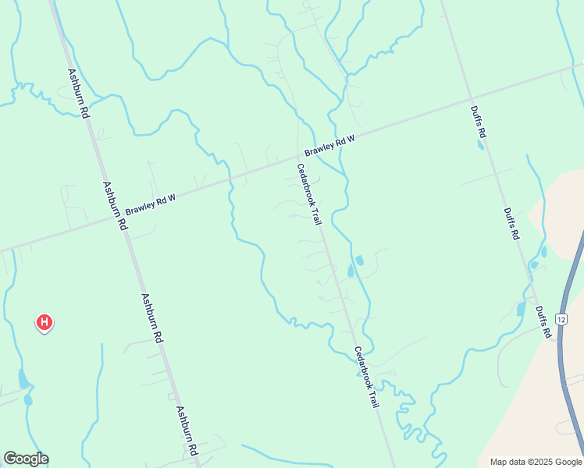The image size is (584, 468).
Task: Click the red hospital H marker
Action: [x=45, y=321]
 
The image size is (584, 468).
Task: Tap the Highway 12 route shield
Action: [x=561, y=319]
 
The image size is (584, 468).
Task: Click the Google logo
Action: [x=26, y=459]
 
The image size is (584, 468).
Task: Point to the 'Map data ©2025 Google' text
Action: [x=536, y=462]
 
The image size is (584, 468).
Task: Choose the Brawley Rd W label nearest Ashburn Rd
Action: [x=150, y=204]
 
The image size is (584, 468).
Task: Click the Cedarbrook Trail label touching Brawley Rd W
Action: [x=308, y=195]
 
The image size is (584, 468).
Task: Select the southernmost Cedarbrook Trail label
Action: [x=366, y=378]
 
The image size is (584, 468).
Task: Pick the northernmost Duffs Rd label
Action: [x=478, y=122]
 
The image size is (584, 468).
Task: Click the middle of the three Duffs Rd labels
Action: [x=511, y=224]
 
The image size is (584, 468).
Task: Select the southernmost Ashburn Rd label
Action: [x=186, y=431]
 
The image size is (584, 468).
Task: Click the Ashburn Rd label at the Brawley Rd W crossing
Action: [x=114, y=206]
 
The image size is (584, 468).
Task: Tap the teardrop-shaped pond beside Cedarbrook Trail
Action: [x=351, y=271]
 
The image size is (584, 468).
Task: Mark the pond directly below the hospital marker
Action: [x=23, y=380]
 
